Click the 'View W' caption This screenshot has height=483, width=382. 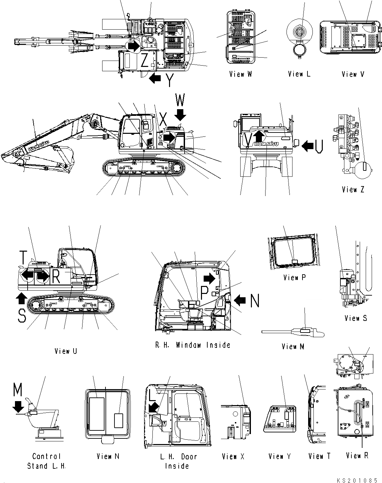(x=240, y=74)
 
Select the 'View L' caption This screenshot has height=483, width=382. (x=299, y=74)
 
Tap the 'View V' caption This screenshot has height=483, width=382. (x=353, y=74)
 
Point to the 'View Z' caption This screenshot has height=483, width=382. (x=353, y=189)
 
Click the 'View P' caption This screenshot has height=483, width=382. (x=294, y=277)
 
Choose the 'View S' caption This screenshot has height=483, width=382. (x=356, y=318)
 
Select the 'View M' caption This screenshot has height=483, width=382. (x=293, y=347)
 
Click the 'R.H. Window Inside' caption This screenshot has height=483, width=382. (x=193, y=345)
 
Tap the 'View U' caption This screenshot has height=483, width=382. (x=66, y=351)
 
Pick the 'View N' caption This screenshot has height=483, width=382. (x=108, y=456)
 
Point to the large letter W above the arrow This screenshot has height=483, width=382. (x=180, y=100)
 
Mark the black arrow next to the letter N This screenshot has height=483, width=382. (x=240, y=301)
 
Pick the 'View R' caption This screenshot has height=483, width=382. (x=357, y=455)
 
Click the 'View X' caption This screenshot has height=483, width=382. (x=233, y=456)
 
